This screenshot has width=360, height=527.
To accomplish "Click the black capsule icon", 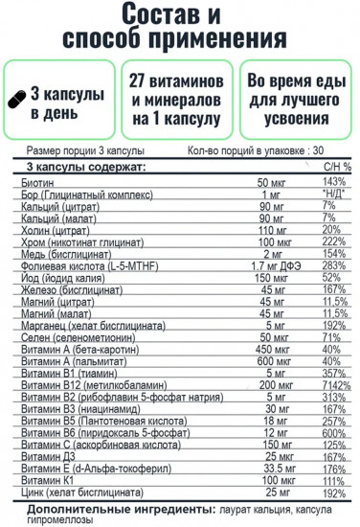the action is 22,100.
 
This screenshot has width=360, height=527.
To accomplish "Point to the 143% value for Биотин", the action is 333,182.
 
